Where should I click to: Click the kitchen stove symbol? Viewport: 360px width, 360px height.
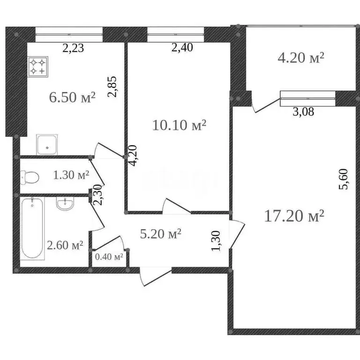pos(38,66)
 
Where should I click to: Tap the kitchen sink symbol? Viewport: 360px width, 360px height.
pos(47,144)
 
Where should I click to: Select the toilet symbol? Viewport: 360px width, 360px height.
pos(30,177)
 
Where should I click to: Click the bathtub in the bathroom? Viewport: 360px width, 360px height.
pos(32,228)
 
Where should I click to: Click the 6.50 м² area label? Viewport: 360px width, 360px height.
pos(72,97)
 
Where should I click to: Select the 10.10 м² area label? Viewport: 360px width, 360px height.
pos(180,125)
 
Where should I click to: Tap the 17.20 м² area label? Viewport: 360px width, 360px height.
pos(294,216)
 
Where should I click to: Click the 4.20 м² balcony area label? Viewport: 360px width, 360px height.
pos(301,58)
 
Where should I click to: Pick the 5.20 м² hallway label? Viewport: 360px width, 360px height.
pos(161,233)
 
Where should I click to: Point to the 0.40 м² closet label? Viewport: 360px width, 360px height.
pos(109,257)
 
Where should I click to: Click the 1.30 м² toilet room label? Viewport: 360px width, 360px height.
pos(71,175)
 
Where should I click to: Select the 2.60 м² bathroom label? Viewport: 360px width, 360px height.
pos(65,245)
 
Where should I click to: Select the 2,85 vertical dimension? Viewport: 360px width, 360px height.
pos(112,87)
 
